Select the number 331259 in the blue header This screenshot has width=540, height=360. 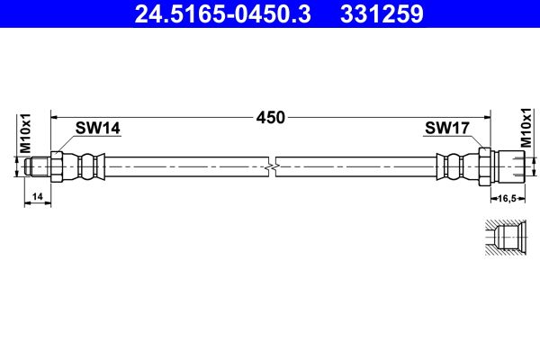tap(382, 15)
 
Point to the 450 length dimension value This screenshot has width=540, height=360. tap(270, 117)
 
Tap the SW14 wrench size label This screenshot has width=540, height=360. tap(98, 129)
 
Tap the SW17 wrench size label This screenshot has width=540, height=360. tap(447, 129)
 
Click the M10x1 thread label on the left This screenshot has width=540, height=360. tap(26, 133)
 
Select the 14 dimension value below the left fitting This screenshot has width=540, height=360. tap(37, 195)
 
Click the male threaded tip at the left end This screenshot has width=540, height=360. tap(37, 166)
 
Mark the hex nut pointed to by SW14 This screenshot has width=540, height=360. tap(57, 166)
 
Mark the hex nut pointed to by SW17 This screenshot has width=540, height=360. tap(484, 166)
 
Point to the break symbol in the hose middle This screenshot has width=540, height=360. tap(272, 166)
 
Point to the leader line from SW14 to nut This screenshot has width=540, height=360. tap(65, 144)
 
